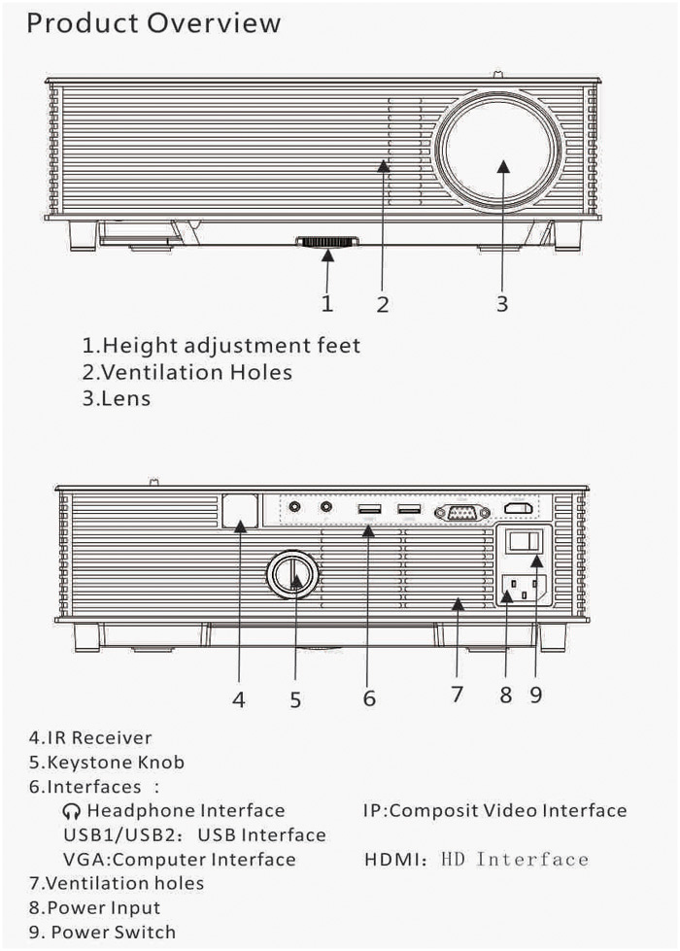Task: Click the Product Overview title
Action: click(153, 23)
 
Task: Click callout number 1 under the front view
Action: click(327, 303)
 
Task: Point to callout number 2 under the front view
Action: click(383, 304)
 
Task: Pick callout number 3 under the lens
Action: click(501, 303)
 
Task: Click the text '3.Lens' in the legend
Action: click(116, 398)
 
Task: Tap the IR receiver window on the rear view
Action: click(240, 512)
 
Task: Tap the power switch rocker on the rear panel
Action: click(525, 545)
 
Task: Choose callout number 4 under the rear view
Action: click(238, 697)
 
